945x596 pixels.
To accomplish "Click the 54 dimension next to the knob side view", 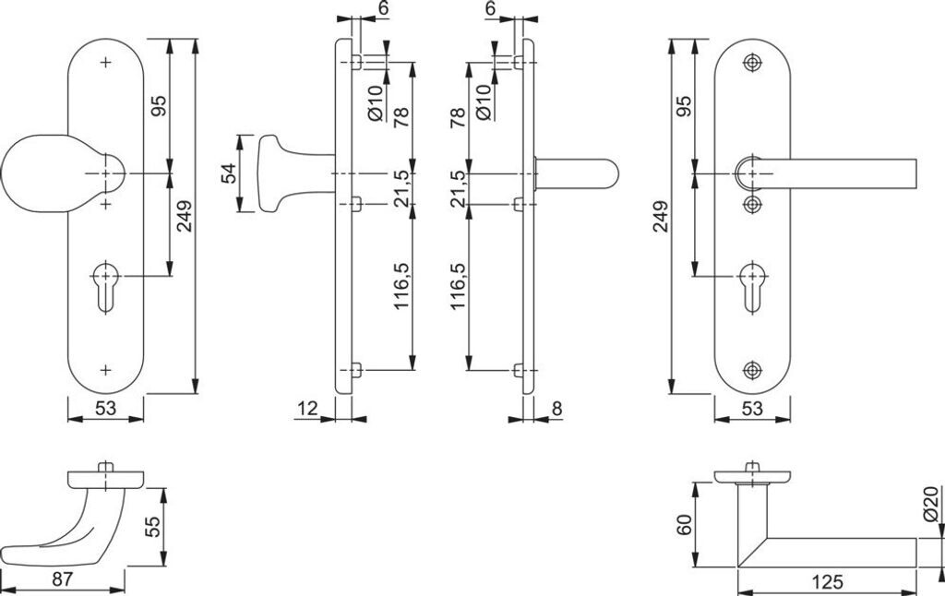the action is click(229, 173).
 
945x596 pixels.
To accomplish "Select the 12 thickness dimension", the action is click(307, 409).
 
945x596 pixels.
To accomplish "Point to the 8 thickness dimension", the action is click(556, 409).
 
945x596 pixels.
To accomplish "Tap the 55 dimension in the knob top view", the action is click(153, 527).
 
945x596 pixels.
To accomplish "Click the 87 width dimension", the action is click(62, 579).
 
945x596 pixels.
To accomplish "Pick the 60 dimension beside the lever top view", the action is click(684, 525).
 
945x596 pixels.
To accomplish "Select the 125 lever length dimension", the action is click(827, 582).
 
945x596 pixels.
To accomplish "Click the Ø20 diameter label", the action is click(930, 504).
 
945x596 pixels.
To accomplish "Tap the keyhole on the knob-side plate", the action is click(105, 288).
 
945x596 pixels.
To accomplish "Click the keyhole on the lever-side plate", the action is click(752, 288).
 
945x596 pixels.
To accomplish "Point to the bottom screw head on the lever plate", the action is click(751, 370).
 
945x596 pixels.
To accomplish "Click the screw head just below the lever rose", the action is click(751, 205).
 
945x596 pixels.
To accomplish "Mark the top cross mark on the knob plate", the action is click(105, 62).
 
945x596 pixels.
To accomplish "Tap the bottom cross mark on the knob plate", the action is click(105, 370).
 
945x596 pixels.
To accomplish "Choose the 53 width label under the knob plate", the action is click(105, 409).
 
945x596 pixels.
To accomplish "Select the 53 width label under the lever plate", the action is click(752, 409).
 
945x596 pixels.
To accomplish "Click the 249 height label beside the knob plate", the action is click(184, 216).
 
